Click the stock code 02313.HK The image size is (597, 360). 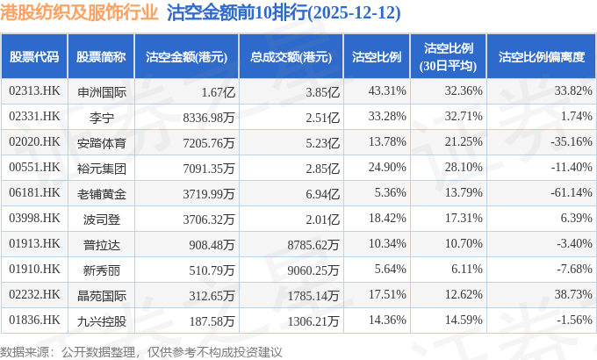coord(34,90)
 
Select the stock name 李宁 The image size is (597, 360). coord(102,116)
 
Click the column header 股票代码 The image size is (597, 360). coord(34,57)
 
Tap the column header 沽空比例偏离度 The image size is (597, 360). coord(541,57)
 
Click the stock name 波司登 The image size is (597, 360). coord(102,218)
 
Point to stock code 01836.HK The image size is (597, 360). coord(34,320)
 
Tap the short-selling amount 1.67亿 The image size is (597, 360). coord(219,90)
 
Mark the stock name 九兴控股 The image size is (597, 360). coord(102,320)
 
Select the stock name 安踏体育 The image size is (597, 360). coord(102,141)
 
